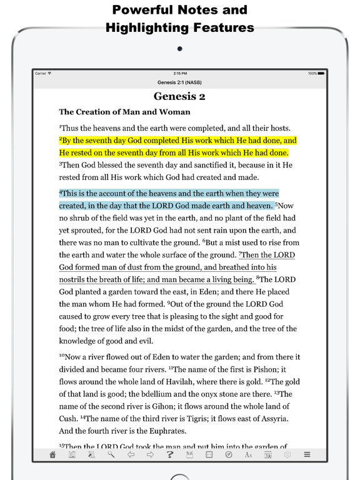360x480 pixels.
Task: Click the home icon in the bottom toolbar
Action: (53, 456)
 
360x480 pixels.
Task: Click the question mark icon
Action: (170, 456)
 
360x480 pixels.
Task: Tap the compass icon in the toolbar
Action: (229, 456)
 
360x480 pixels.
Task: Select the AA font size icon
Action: (248, 456)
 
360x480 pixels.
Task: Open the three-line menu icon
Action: (307, 456)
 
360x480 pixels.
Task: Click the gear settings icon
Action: (287, 456)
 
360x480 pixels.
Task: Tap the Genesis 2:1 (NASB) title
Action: (179, 82)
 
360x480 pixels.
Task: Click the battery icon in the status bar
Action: (321, 74)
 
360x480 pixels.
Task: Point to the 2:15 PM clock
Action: (179, 74)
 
